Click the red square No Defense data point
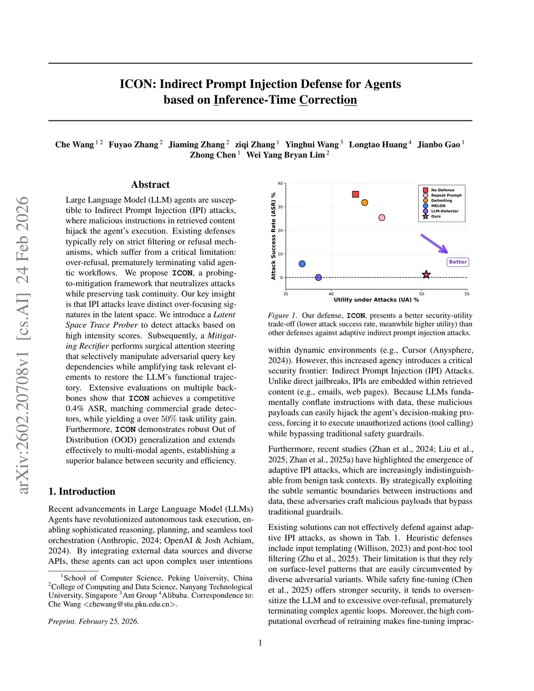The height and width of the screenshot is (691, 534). coord(356,195)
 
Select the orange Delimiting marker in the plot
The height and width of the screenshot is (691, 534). coord(365,202)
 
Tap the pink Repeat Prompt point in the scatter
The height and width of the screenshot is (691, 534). coord(382,217)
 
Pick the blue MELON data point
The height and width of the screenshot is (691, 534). coord(302,264)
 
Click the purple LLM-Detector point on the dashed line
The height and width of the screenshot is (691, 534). coord(318,277)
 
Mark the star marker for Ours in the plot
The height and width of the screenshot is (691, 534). coord(426,274)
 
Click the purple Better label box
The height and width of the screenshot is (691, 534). coord(458,262)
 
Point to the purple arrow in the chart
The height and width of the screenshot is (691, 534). coord(434,244)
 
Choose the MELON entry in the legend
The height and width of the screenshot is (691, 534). coord(438,206)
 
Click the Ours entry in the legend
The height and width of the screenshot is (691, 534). coord(435,216)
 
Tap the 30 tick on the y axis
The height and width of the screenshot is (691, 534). coord(281,207)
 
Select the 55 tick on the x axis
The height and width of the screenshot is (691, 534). coord(467,294)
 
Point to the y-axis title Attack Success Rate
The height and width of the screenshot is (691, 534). coord(273,236)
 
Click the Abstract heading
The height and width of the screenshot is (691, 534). coord(150,185)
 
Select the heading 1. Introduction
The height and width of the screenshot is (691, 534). coord(82,491)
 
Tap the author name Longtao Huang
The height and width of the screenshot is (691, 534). coord(378,144)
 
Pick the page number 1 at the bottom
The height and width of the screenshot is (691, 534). coord(260,643)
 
